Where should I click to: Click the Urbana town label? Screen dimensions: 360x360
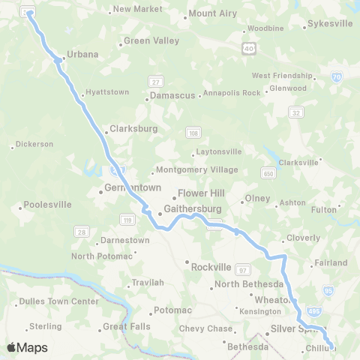click(x=82, y=55)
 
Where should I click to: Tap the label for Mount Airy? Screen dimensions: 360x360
click(x=212, y=13)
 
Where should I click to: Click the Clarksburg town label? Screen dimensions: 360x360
click(x=133, y=129)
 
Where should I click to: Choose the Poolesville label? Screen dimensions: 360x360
click(x=47, y=204)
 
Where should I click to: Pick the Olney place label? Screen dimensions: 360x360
click(x=256, y=199)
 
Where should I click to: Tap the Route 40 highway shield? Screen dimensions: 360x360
click(x=247, y=48)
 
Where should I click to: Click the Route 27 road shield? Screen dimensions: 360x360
click(x=156, y=81)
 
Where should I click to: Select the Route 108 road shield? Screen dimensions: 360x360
click(x=193, y=133)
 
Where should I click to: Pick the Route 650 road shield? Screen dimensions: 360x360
click(x=269, y=173)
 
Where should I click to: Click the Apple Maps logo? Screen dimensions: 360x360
click(x=27, y=347)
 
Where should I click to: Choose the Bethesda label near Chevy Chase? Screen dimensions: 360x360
click(x=247, y=347)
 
